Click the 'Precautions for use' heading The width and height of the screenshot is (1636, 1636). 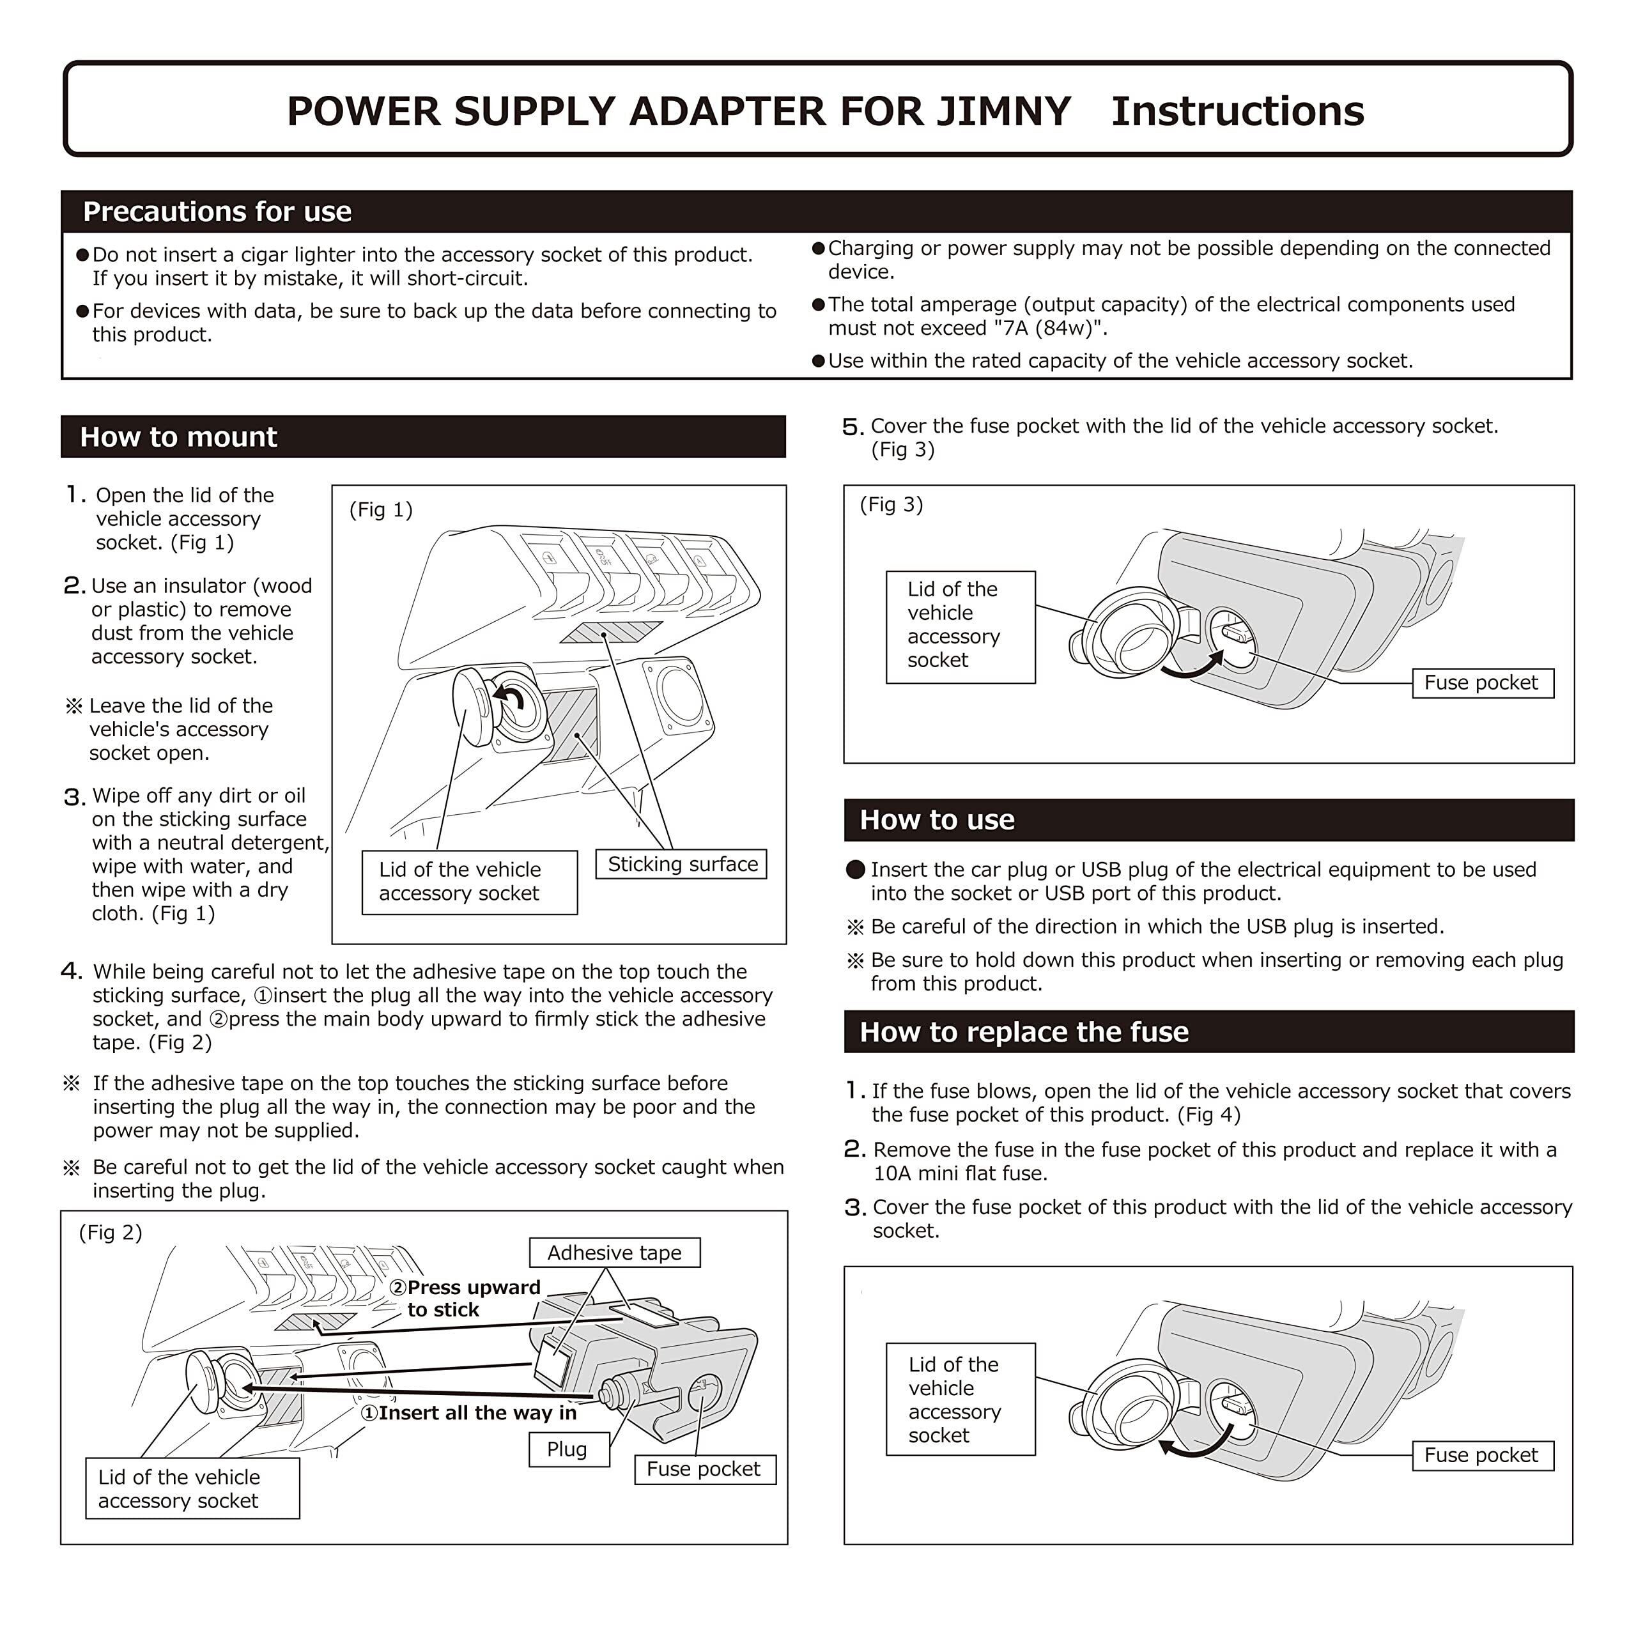tap(217, 212)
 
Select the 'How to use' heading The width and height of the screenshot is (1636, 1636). tap(937, 820)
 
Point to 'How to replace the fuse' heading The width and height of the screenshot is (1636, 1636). tap(1024, 1032)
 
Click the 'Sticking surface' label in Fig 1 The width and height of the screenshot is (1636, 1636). tap(682, 865)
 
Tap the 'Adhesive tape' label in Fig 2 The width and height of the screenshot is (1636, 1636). tap(614, 1253)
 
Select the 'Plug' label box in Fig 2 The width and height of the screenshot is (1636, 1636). tap(567, 1449)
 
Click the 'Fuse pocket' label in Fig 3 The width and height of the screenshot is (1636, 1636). tap(1481, 683)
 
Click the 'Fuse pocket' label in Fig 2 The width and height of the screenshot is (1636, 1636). tap(704, 1469)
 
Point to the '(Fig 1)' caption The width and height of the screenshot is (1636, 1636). tap(381, 510)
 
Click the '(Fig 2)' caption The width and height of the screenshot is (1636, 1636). tap(110, 1232)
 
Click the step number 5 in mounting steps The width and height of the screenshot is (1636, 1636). tap(852, 427)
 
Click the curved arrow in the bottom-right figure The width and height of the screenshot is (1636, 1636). tap(1195, 1443)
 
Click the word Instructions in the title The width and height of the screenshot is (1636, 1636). tap(1237, 111)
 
